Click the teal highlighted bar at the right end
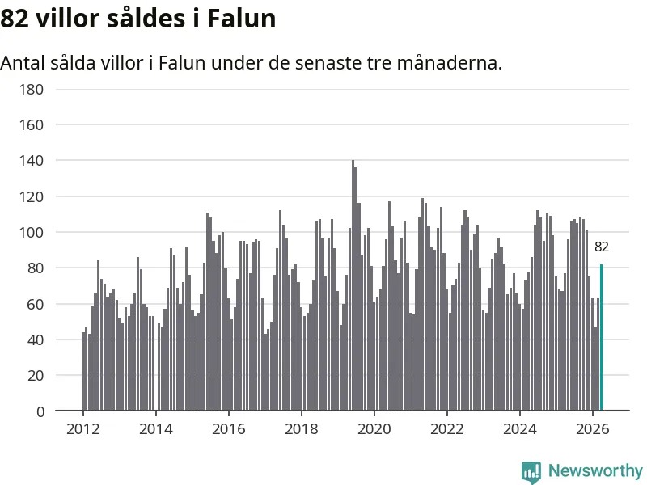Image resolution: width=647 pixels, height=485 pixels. click(x=601, y=337)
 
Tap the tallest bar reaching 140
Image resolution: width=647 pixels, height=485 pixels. click(x=353, y=285)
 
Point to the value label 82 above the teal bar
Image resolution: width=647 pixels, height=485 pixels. click(x=601, y=247)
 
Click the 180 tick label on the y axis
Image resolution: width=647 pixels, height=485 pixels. click(x=32, y=90)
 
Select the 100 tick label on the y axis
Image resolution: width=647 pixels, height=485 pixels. click(x=32, y=233)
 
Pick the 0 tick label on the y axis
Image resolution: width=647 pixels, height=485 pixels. click(x=40, y=411)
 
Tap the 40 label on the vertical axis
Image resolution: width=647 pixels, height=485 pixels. click(x=36, y=340)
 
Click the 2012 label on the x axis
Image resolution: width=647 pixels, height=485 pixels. click(x=83, y=429)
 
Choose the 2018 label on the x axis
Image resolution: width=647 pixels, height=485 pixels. click(x=301, y=429)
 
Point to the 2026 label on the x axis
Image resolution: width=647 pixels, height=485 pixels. click(x=593, y=429)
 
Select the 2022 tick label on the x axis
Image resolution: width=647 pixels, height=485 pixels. click(x=447, y=429)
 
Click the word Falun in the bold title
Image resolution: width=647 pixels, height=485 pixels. click(x=241, y=19)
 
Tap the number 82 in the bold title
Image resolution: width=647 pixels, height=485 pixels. click(x=15, y=19)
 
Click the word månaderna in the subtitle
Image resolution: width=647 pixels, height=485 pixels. click(x=450, y=63)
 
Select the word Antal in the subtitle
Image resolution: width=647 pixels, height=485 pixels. click(x=23, y=63)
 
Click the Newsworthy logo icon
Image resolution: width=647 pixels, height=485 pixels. click(x=531, y=472)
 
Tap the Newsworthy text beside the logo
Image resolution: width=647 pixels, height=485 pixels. click(x=595, y=470)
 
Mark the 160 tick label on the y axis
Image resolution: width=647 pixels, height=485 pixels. click(x=32, y=125)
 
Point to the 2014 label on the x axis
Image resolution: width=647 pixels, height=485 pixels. click(x=155, y=429)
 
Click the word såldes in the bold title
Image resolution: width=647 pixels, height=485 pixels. click(x=146, y=19)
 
